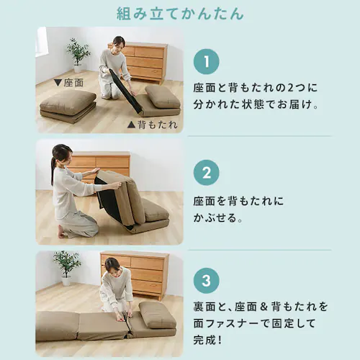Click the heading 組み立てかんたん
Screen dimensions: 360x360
click(x=179, y=14)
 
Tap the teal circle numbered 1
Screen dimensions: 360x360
click(x=206, y=61)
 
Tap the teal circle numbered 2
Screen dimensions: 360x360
click(x=206, y=173)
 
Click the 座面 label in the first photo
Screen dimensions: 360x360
click(x=68, y=83)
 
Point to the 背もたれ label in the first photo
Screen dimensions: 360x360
click(x=152, y=124)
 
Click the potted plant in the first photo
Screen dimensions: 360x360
click(x=77, y=53)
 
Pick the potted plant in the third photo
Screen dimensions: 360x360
click(x=66, y=264)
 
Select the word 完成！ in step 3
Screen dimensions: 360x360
click(x=212, y=338)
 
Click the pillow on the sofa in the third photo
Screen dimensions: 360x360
click(x=158, y=314)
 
